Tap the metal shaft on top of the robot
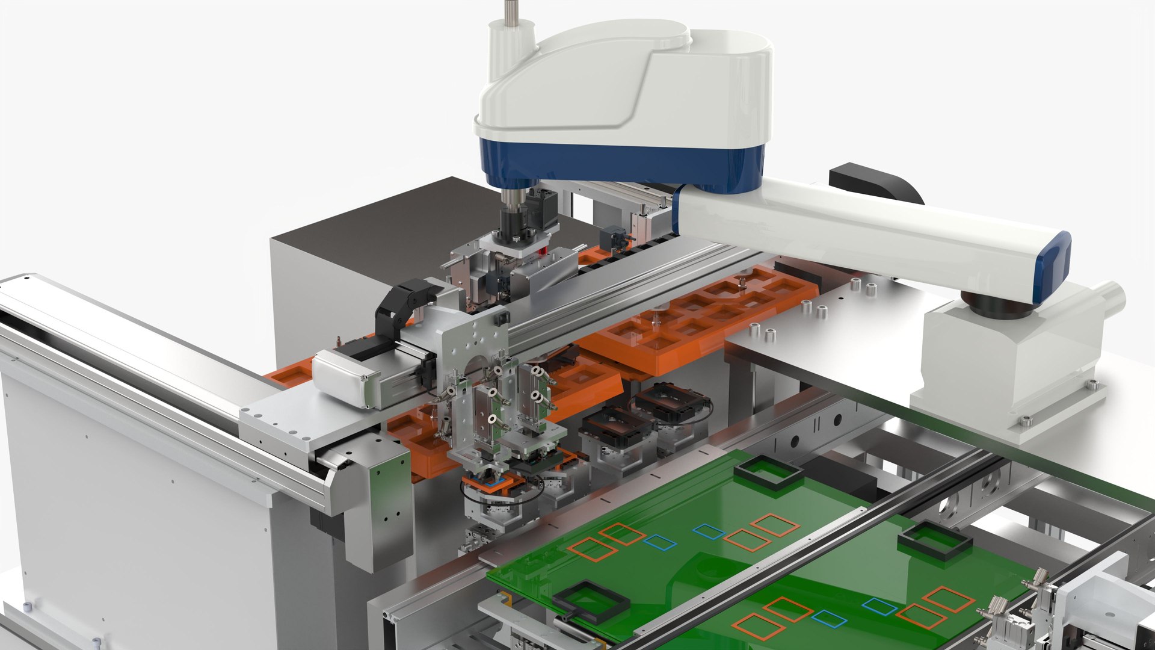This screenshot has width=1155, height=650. tap(511, 12)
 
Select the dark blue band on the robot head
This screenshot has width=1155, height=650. tap(620, 162)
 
